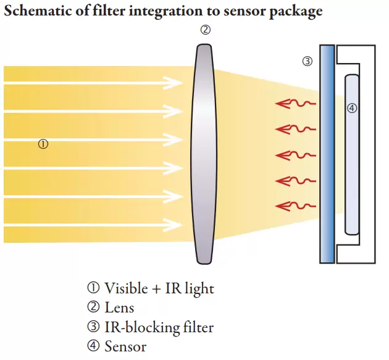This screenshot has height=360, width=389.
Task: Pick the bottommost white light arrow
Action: pyautogui.click(x=93, y=227)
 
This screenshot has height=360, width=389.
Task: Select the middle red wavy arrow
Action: pyautogui.click(x=295, y=154)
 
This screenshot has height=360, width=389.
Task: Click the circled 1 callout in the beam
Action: pyautogui.click(x=43, y=144)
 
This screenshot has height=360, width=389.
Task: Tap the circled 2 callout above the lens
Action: pyautogui.click(x=204, y=30)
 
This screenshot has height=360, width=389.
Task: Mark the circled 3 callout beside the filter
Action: pyautogui.click(x=307, y=61)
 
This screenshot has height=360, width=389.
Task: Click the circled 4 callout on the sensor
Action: pyautogui.click(x=352, y=109)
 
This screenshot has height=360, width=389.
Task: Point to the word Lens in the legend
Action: pyautogui.click(x=119, y=307)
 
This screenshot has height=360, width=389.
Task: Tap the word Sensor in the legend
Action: pyautogui.click(x=125, y=346)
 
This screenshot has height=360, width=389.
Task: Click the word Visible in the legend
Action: pyautogui.click(x=126, y=288)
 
